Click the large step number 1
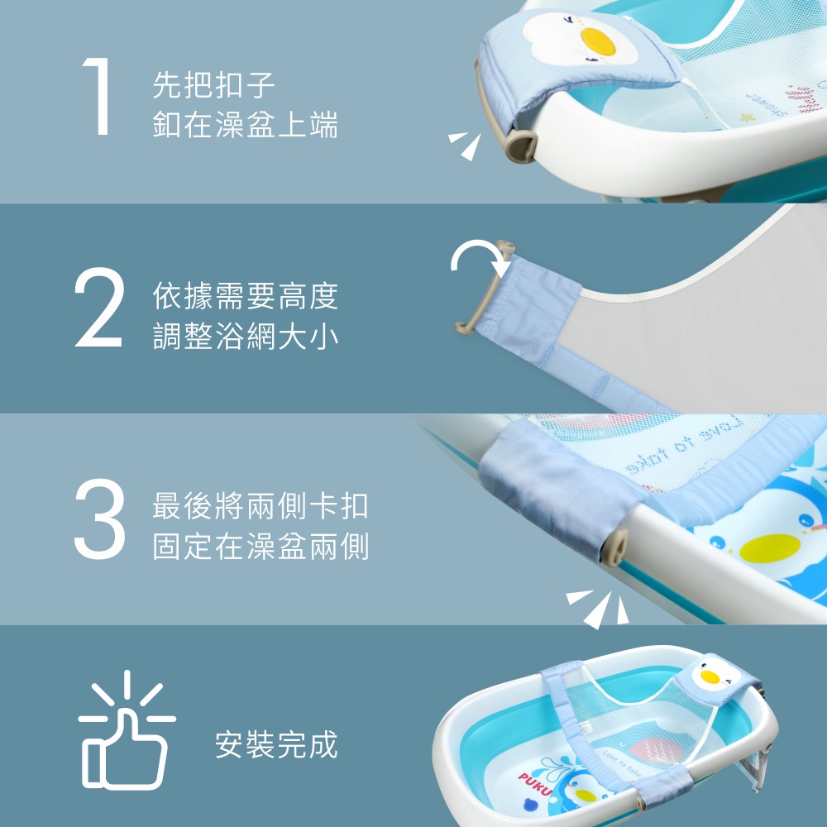(x=98, y=96)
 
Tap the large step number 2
(x=99, y=307)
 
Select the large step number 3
(x=100, y=519)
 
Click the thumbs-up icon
(x=127, y=731)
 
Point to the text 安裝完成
(x=276, y=745)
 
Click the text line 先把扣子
(x=213, y=85)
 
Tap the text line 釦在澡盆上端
(x=246, y=125)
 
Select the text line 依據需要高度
(x=246, y=296)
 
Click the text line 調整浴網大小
(x=246, y=336)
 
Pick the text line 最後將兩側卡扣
(x=261, y=506)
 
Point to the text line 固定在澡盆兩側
(x=261, y=546)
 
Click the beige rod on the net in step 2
(x=484, y=289)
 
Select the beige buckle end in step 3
(x=615, y=547)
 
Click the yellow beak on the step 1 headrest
(x=598, y=41)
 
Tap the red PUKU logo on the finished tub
(x=535, y=783)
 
